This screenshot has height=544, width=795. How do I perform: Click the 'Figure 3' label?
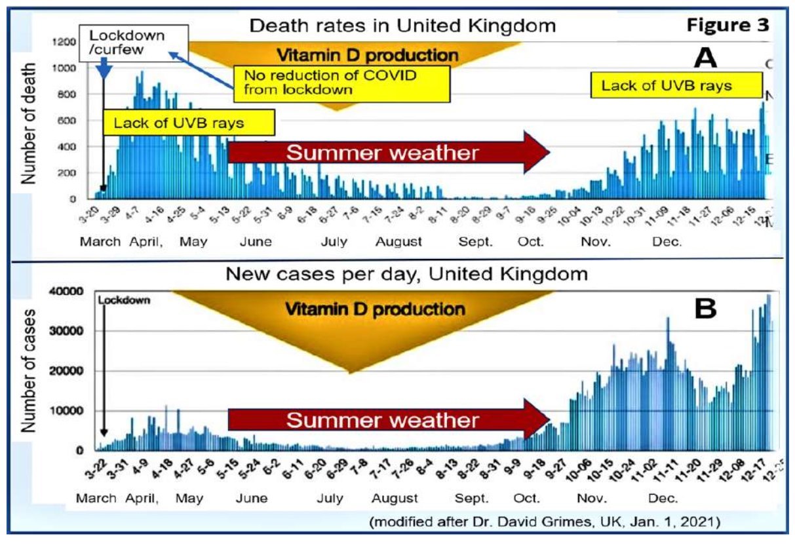pyautogui.click(x=726, y=26)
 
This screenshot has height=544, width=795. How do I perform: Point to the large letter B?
pyautogui.click(x=706, y=308)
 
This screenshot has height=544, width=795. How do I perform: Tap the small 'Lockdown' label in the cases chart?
pyautogui.click(x=125, y=300)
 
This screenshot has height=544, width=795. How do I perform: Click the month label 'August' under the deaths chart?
pyautogui.click(x=398, y=242)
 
